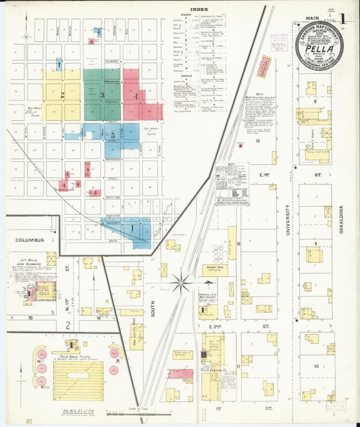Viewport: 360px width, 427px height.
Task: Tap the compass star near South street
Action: click(x=180, y=282)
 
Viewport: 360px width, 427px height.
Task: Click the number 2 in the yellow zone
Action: click(x=62, y=95)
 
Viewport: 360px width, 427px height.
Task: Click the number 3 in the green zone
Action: click(x=102, y=95)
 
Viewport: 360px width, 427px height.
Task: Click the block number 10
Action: click(x=315, y=366)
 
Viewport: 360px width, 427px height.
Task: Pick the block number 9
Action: click(x=315, y=243)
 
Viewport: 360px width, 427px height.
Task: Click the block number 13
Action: click(x=257, y=141)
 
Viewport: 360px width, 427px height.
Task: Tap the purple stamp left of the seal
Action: click(x=279, y=41)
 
